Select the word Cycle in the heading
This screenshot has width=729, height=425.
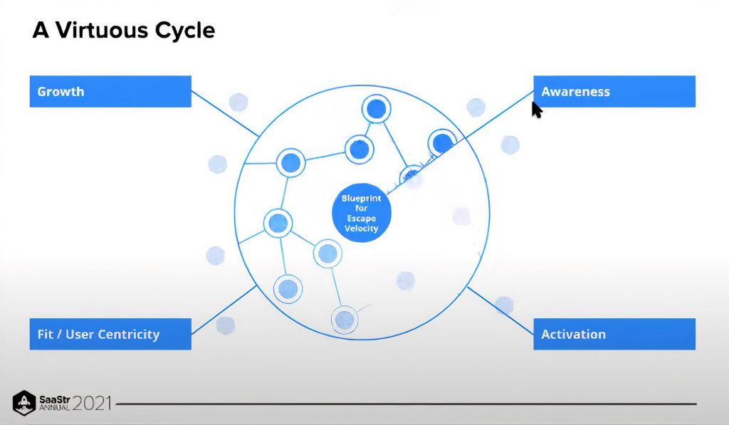[x=187, y=31]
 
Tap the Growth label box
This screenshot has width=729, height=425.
[x=110, y=92]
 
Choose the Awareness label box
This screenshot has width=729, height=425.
[x=614, y=92]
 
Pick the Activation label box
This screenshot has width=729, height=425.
[x=614, y=335]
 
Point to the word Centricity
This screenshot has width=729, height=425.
[x=128, y=335]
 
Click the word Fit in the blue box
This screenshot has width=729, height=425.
[x=46, y=335]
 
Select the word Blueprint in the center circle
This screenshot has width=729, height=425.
[x=361, y=199]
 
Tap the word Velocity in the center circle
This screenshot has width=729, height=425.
[x=361, y=229]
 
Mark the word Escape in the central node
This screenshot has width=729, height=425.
[x=361, y=219]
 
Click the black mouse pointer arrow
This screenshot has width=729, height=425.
[x=537, y=110]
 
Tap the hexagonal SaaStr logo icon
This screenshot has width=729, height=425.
[x=24, y=403]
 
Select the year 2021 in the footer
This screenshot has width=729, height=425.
[x=92, y=403]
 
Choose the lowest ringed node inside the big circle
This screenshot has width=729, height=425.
[x=344, y=318]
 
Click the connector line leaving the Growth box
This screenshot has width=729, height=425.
[x=224, y=114]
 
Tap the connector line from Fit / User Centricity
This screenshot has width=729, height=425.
[x=224, y=310]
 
